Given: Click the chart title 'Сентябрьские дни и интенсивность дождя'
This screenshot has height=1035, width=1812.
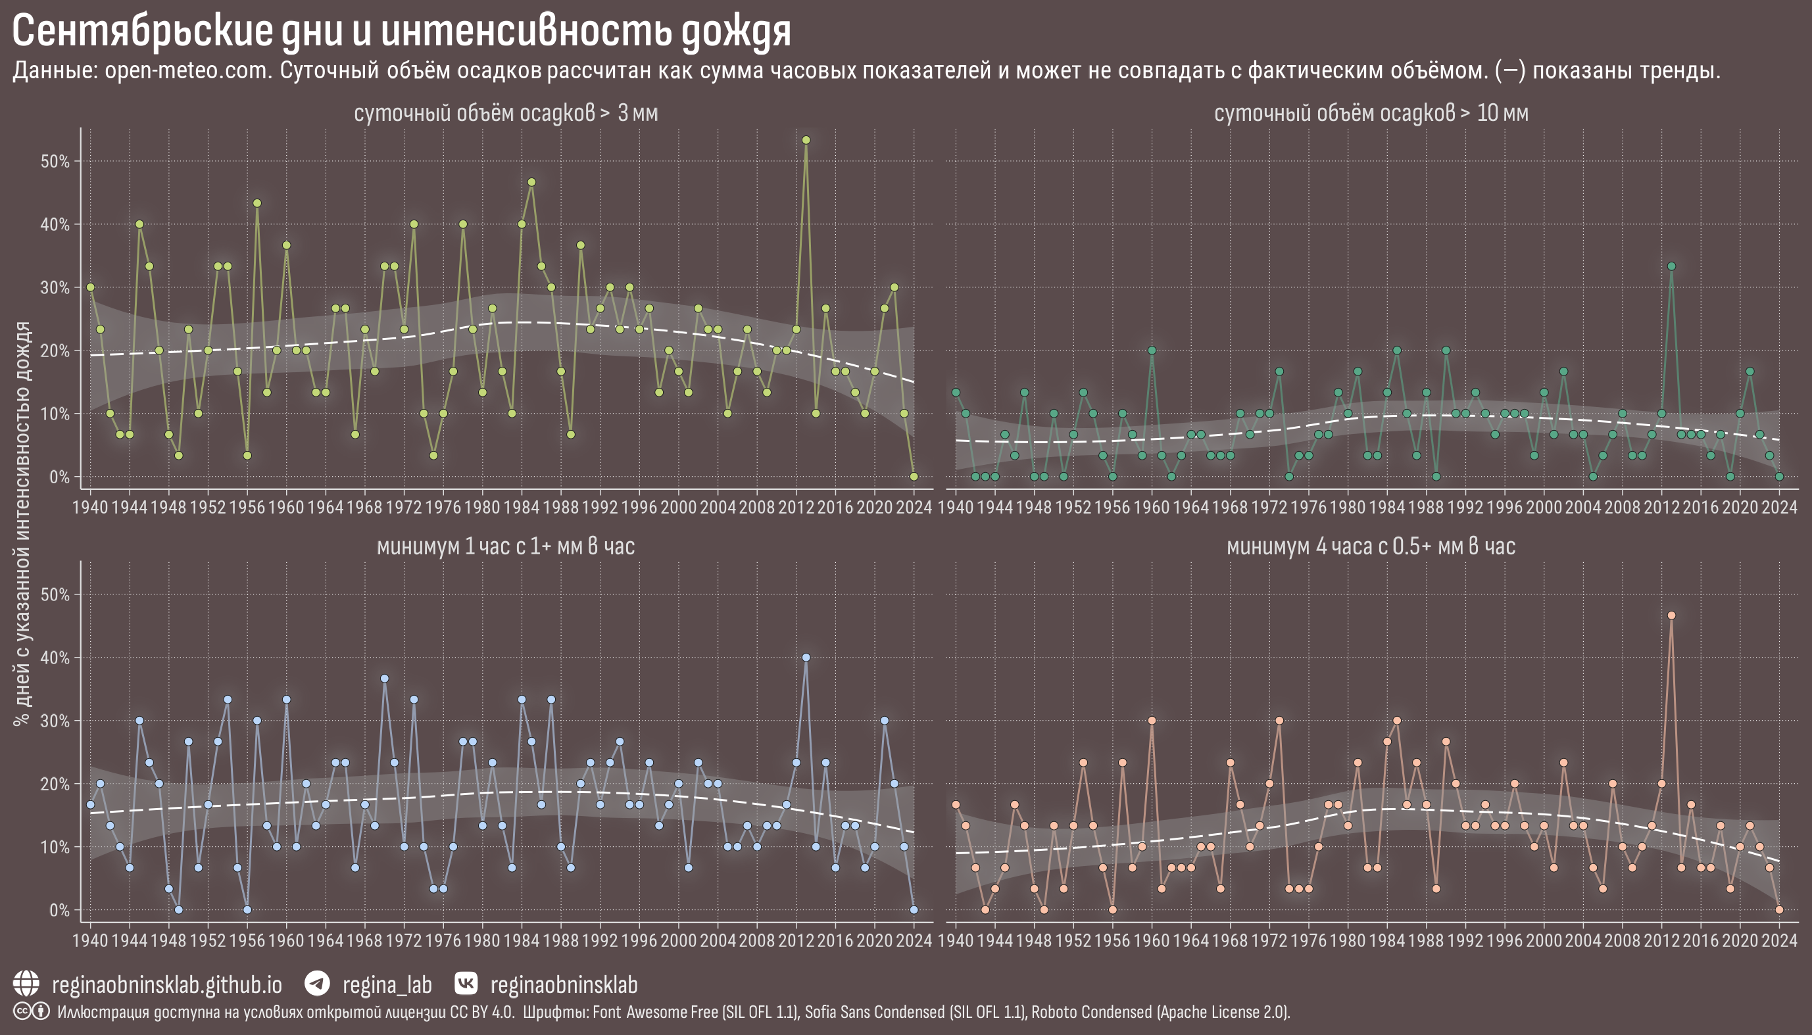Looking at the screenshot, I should pyautogui.click(x=402, y=32).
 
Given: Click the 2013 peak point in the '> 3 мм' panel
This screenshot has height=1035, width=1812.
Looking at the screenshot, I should pyautogui.click(x=806, y=140).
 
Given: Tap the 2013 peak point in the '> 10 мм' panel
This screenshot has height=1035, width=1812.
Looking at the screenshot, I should pyautogui.click(x=1672, y=266).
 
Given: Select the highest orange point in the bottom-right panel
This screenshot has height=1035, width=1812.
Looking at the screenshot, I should pyautogui.click(x=1672, y=615).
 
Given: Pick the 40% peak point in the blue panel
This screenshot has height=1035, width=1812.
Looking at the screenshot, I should pyautogui.click(x=806, y=658).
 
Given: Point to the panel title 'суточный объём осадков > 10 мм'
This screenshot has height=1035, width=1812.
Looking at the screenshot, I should pyautogui.click(x=1371, y=113).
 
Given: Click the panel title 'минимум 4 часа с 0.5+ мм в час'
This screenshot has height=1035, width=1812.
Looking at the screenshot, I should pyautogui.click(x=1371, y=546).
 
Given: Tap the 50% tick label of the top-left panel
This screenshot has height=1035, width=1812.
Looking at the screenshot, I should pyautogui.click(x=55, y=161).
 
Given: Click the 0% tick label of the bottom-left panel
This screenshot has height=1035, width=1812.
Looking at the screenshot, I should pyautogui.click(x=60, y=911).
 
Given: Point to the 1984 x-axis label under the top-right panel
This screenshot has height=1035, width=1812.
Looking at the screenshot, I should pyautogui.click(x=1387, y=508).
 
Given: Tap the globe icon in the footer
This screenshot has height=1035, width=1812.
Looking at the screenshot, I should pyautogui.click(x=26, y=984).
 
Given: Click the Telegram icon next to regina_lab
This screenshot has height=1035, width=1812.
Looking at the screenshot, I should pyautogui.click(x=317, y=984).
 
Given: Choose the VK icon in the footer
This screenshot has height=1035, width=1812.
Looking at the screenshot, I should pyautogui.click(x=466, y=984).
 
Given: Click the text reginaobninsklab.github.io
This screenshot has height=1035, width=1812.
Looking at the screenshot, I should pyautogui.click(x=167, y=985).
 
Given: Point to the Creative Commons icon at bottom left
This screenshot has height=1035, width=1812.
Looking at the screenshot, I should pyautogui.click(x=22, y=1011).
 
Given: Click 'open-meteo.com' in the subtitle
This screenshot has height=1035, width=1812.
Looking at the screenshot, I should pyautogui.click(x=188, y=71).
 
